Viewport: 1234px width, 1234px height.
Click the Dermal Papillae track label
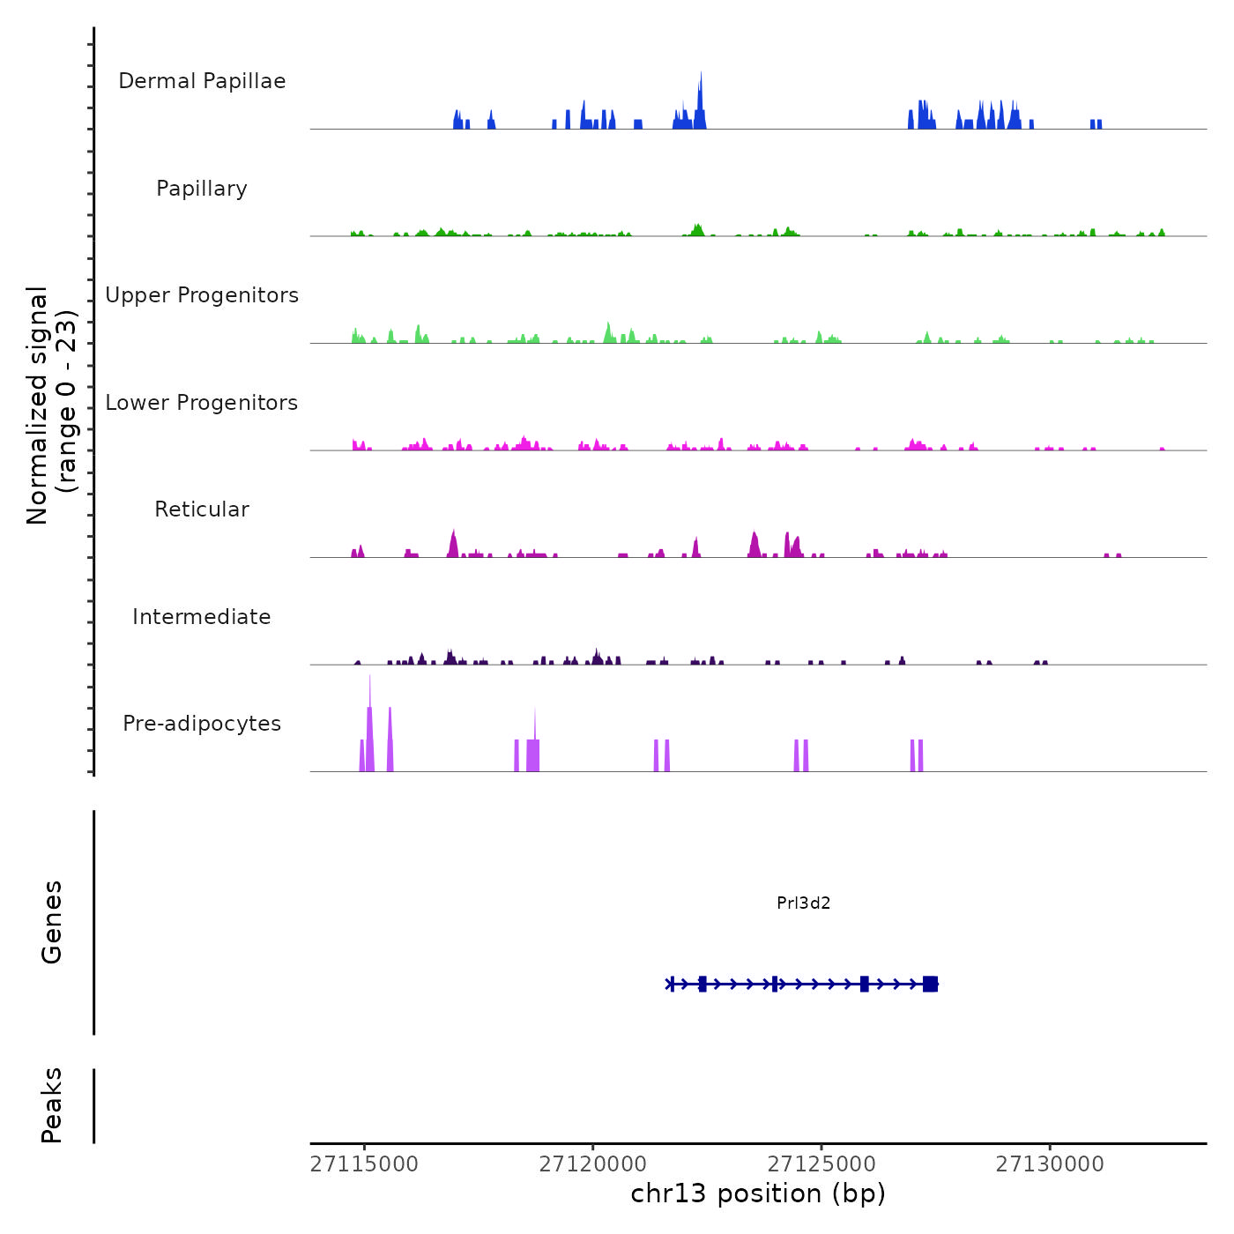click(x=202, y=81)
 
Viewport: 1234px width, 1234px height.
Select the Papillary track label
click(x=202, y=189)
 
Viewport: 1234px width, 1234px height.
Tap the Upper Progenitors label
click(x=202, y=295)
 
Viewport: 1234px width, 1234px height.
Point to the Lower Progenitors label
click(x=202, y=403)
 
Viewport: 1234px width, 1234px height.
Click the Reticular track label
click(x=202, y=509)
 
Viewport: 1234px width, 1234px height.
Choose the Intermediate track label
click(x=202, y=617)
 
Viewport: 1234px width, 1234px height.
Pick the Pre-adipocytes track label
click(x=202, y=724)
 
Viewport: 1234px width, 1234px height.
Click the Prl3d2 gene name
click(x=803, y=903)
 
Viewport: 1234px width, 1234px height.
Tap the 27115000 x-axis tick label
click(x=364, y=1164)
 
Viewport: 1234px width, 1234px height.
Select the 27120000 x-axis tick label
click(x=593, y=1164)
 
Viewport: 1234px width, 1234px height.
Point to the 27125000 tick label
click(x=821, y=1164)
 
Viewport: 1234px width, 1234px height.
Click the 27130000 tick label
click(x=1050, y=1164)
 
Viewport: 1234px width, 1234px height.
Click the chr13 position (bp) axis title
click(x=758, y=1193)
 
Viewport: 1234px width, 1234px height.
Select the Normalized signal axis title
click(x=51, y=405)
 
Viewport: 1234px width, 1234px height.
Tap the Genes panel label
click(x=52, y=922)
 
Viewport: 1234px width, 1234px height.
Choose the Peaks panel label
click(x=52, y=1105)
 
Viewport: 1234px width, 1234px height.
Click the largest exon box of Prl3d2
click(x=930, y=984)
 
